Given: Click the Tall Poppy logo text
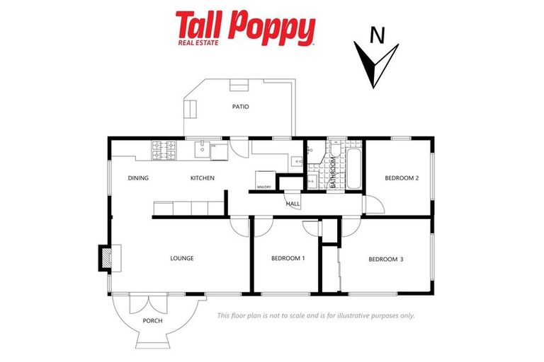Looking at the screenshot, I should pyautogui.click(x=245, y=27).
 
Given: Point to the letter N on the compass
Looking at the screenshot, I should pyautogui.click(x=378, y=35).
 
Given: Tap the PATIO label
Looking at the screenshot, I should pyautogui.click(x=241, y=107).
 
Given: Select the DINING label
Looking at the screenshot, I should pyautogui.click(x=138, y=178).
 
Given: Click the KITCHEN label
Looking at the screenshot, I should pyautogui.click(x=202, y=178).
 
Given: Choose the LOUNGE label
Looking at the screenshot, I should pyautogui.click(x=181, y=258).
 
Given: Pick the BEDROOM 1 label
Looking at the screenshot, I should pyautogui.click(x=288, y=258).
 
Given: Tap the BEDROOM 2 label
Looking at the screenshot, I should pyautogui.click(x=402, y=178).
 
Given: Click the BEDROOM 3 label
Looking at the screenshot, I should pyautogui.click(x=386, y=259).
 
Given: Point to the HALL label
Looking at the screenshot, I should pyautogui.click(x=293, y=204).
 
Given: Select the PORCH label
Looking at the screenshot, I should pyautogui.click(x=152, y=321).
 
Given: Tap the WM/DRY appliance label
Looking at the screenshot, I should pyautogui.click(x=264, y=187).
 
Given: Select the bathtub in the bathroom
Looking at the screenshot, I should pyautogui.click(x=353, y=168).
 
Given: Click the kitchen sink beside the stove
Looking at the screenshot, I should pyautogui.click(x=203, y=150).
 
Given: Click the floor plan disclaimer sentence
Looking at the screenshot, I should pyautogui.click(x=315, y=316).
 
